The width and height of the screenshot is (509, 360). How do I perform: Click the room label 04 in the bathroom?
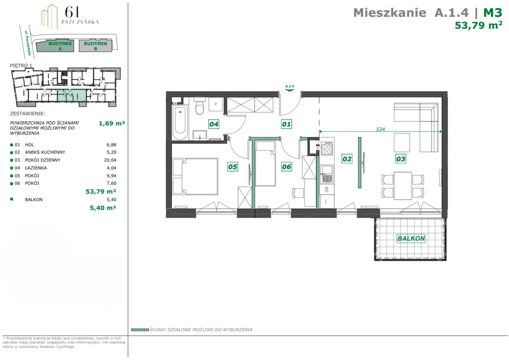point(214,124)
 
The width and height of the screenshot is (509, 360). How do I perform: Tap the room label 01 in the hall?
point(286,124)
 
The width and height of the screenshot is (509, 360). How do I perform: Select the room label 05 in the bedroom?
point(233,167)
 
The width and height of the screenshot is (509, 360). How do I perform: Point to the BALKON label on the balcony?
point(411,238)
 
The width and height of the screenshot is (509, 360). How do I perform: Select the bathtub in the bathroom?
point(180,122)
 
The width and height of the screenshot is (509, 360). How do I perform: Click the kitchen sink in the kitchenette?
point(326,174)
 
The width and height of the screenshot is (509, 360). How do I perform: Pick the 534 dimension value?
point(380,129)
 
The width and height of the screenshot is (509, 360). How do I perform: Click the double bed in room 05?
point(195,177)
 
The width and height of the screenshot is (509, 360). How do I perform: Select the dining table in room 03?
point(403,186)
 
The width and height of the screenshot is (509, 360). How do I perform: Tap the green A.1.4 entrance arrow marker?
point(289,88)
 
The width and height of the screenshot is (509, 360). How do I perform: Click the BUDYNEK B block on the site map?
point(95,46)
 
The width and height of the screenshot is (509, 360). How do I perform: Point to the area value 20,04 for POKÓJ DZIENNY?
point(110,160)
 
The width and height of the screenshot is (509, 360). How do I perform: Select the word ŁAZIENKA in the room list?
point(36,168)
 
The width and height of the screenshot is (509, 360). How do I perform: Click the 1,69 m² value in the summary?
point(112,123)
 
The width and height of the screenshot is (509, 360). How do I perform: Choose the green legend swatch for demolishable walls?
point(140,330)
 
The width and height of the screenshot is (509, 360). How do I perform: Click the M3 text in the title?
point(493,13)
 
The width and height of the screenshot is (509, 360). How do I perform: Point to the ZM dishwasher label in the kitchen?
point(327,189)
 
